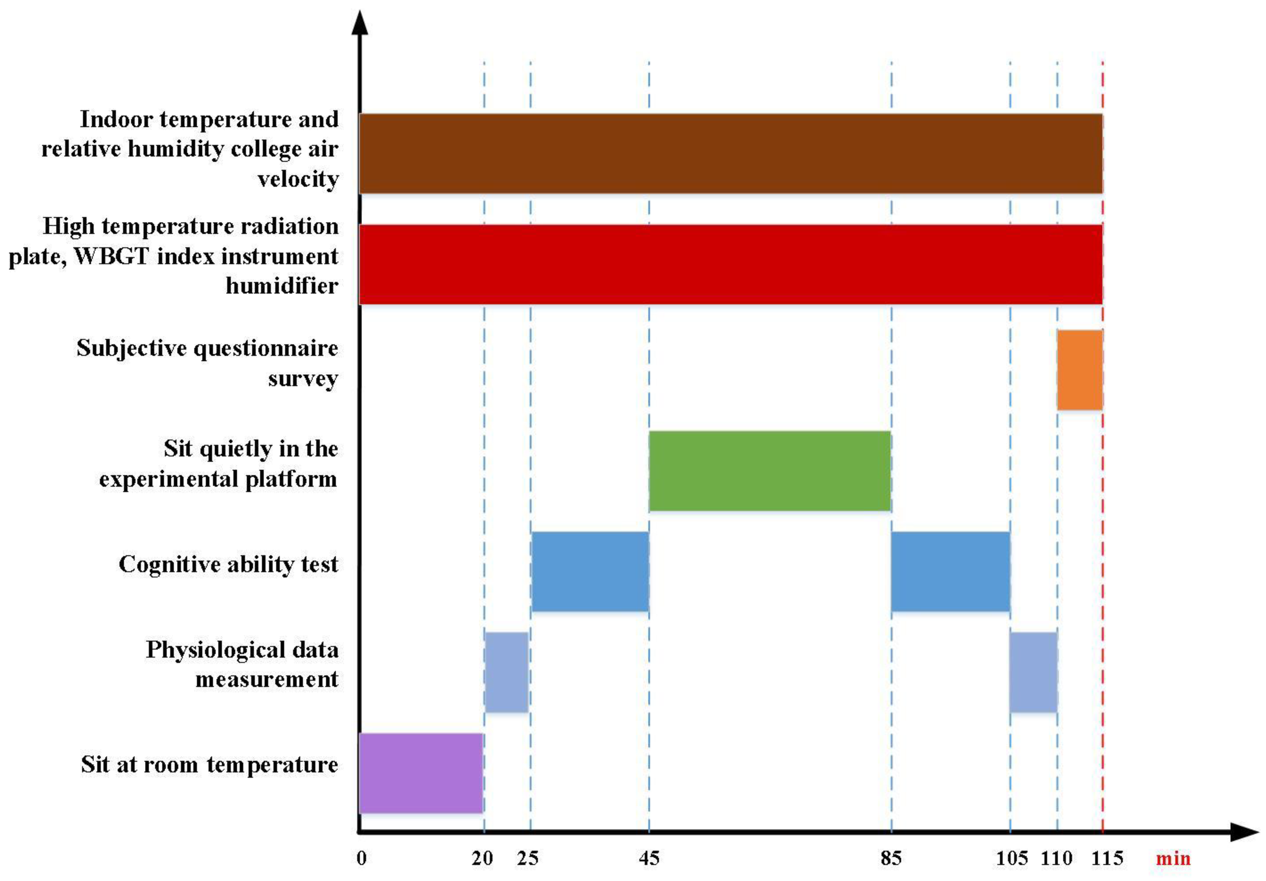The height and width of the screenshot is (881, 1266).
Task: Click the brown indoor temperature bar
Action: (731, 153)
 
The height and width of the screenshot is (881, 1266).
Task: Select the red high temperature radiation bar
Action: (731, 264)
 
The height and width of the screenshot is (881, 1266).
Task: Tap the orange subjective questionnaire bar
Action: (1079, 370)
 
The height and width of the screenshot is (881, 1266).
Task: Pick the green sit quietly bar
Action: (770, 471)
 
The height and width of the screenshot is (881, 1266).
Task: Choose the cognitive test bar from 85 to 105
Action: (950, 571)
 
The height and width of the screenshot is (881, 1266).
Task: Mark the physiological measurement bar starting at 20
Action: (506, 672)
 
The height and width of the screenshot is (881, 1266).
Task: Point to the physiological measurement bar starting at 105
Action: (1033, 672)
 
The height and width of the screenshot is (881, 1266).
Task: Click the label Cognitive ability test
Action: (228, 564)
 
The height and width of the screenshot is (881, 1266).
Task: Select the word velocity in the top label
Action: (298, 179)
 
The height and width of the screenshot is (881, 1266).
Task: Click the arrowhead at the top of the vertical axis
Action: (360, 23)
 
